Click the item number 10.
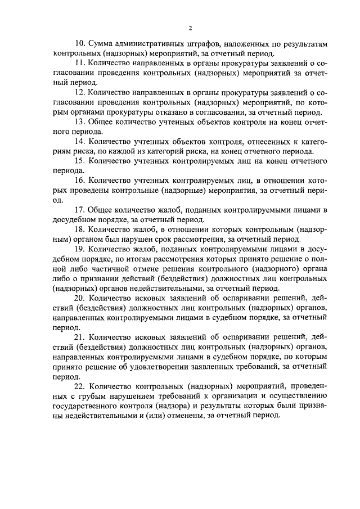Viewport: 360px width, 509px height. (79, 44)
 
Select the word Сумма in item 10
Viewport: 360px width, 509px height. (102, 44)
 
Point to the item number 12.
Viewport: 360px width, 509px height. (79, 91)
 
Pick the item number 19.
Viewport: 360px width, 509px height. (79, 250)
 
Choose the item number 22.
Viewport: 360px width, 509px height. (79, 388)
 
